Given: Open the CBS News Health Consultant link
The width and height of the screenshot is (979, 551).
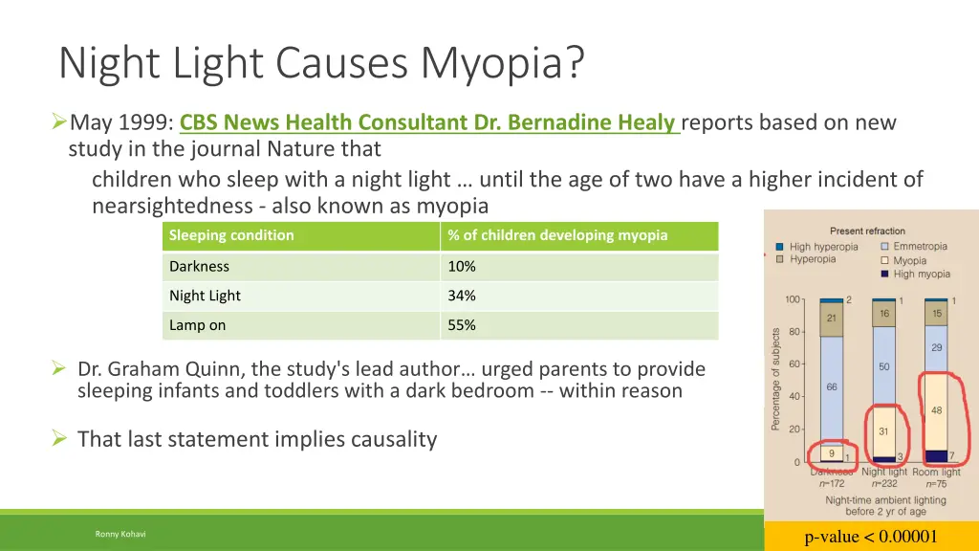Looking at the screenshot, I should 429,123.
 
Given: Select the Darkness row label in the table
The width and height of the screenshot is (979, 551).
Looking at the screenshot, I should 199,266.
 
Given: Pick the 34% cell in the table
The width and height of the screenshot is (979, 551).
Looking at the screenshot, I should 462,296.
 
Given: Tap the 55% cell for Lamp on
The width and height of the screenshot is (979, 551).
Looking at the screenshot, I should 462,325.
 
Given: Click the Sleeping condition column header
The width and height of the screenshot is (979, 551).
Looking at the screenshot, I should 231,235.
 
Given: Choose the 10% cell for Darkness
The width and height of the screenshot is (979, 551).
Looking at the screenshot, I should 462,266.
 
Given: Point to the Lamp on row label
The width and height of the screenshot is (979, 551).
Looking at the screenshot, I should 197,325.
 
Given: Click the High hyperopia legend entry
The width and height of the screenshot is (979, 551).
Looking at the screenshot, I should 823,247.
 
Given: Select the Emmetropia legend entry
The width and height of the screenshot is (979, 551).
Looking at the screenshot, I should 920,247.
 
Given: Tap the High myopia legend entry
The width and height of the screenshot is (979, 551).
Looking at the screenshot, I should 922,274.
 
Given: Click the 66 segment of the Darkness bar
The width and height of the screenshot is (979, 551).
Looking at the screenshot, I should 832,386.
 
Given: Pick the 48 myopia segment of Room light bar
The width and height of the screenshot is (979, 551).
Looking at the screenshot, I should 937,410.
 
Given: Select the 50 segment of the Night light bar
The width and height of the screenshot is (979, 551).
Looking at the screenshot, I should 884,367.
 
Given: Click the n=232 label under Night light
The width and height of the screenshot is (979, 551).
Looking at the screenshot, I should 884,484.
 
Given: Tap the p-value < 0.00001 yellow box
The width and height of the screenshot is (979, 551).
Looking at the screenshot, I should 871,536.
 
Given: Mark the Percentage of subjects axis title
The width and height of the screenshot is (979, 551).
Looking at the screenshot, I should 776,379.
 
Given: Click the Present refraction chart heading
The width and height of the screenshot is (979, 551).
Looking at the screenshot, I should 867,231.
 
